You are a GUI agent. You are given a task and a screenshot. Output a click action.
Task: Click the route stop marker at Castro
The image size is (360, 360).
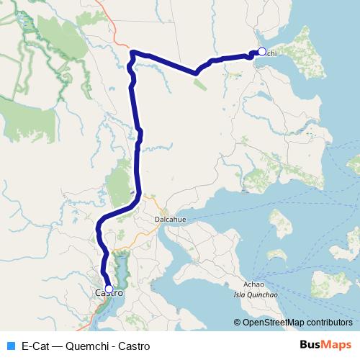109,288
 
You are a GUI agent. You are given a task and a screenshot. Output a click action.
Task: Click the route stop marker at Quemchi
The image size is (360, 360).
262,52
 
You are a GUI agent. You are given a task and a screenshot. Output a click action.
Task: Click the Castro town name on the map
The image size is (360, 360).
109,294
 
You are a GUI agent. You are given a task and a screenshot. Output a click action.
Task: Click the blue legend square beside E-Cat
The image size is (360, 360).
10,346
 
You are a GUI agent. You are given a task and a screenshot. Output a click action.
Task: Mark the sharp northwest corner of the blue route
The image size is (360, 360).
132,52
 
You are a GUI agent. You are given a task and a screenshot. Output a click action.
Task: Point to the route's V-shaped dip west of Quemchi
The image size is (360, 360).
195,73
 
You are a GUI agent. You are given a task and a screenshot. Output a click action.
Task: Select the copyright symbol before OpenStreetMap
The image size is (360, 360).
237,323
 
